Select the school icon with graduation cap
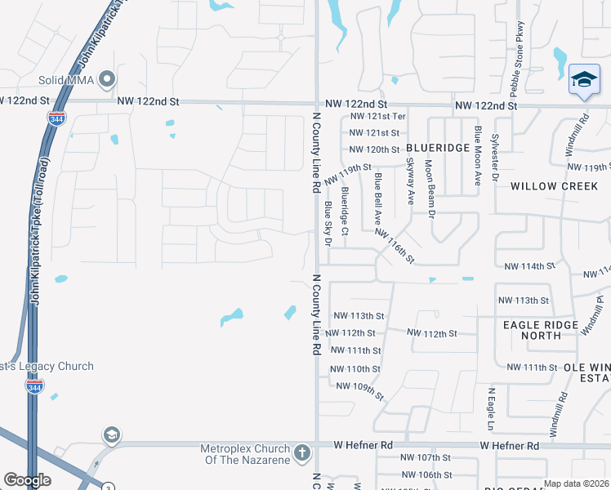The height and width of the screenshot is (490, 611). [584, 80]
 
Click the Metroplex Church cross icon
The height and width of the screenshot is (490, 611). [301, 452]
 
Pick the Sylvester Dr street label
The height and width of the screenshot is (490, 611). [495, 154]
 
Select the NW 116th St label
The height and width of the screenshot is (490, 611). [395, 245]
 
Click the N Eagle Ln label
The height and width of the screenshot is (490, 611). [491, 409]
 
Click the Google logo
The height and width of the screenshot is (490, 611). [27, 480]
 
